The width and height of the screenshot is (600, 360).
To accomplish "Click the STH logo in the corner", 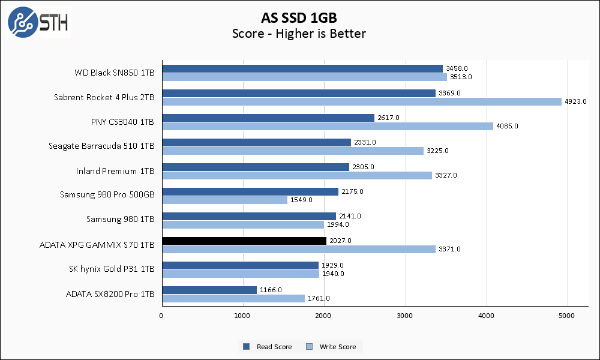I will click(38, 22).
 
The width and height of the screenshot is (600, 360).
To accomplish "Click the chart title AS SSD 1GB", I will click(299, 17).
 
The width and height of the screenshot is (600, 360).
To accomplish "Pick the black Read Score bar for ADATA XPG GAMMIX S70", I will click(244, 241).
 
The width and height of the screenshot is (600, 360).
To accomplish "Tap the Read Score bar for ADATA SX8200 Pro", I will click(209, 290).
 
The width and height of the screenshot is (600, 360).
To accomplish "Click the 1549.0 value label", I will click(301, 200).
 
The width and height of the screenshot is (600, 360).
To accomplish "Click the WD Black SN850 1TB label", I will click(114, 73).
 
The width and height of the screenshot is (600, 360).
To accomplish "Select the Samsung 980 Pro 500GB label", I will click(107, 194).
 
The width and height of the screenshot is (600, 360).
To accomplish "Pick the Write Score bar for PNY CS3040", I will click(328, 126).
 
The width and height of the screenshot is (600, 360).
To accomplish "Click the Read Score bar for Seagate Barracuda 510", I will click(256, 142).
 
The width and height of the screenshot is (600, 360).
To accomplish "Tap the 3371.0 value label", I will click(449, 249).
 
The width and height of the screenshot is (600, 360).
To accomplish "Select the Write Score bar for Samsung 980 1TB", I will click(243, 224).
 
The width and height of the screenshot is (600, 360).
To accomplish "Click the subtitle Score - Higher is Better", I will click(299, 34).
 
